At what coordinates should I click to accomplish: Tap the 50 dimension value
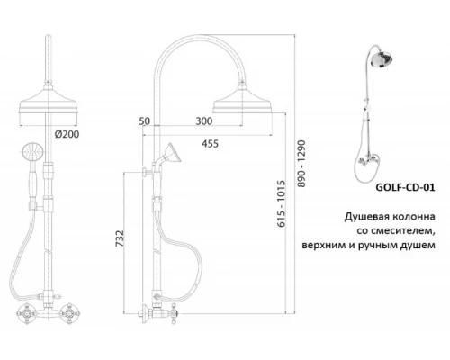[146, 121]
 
